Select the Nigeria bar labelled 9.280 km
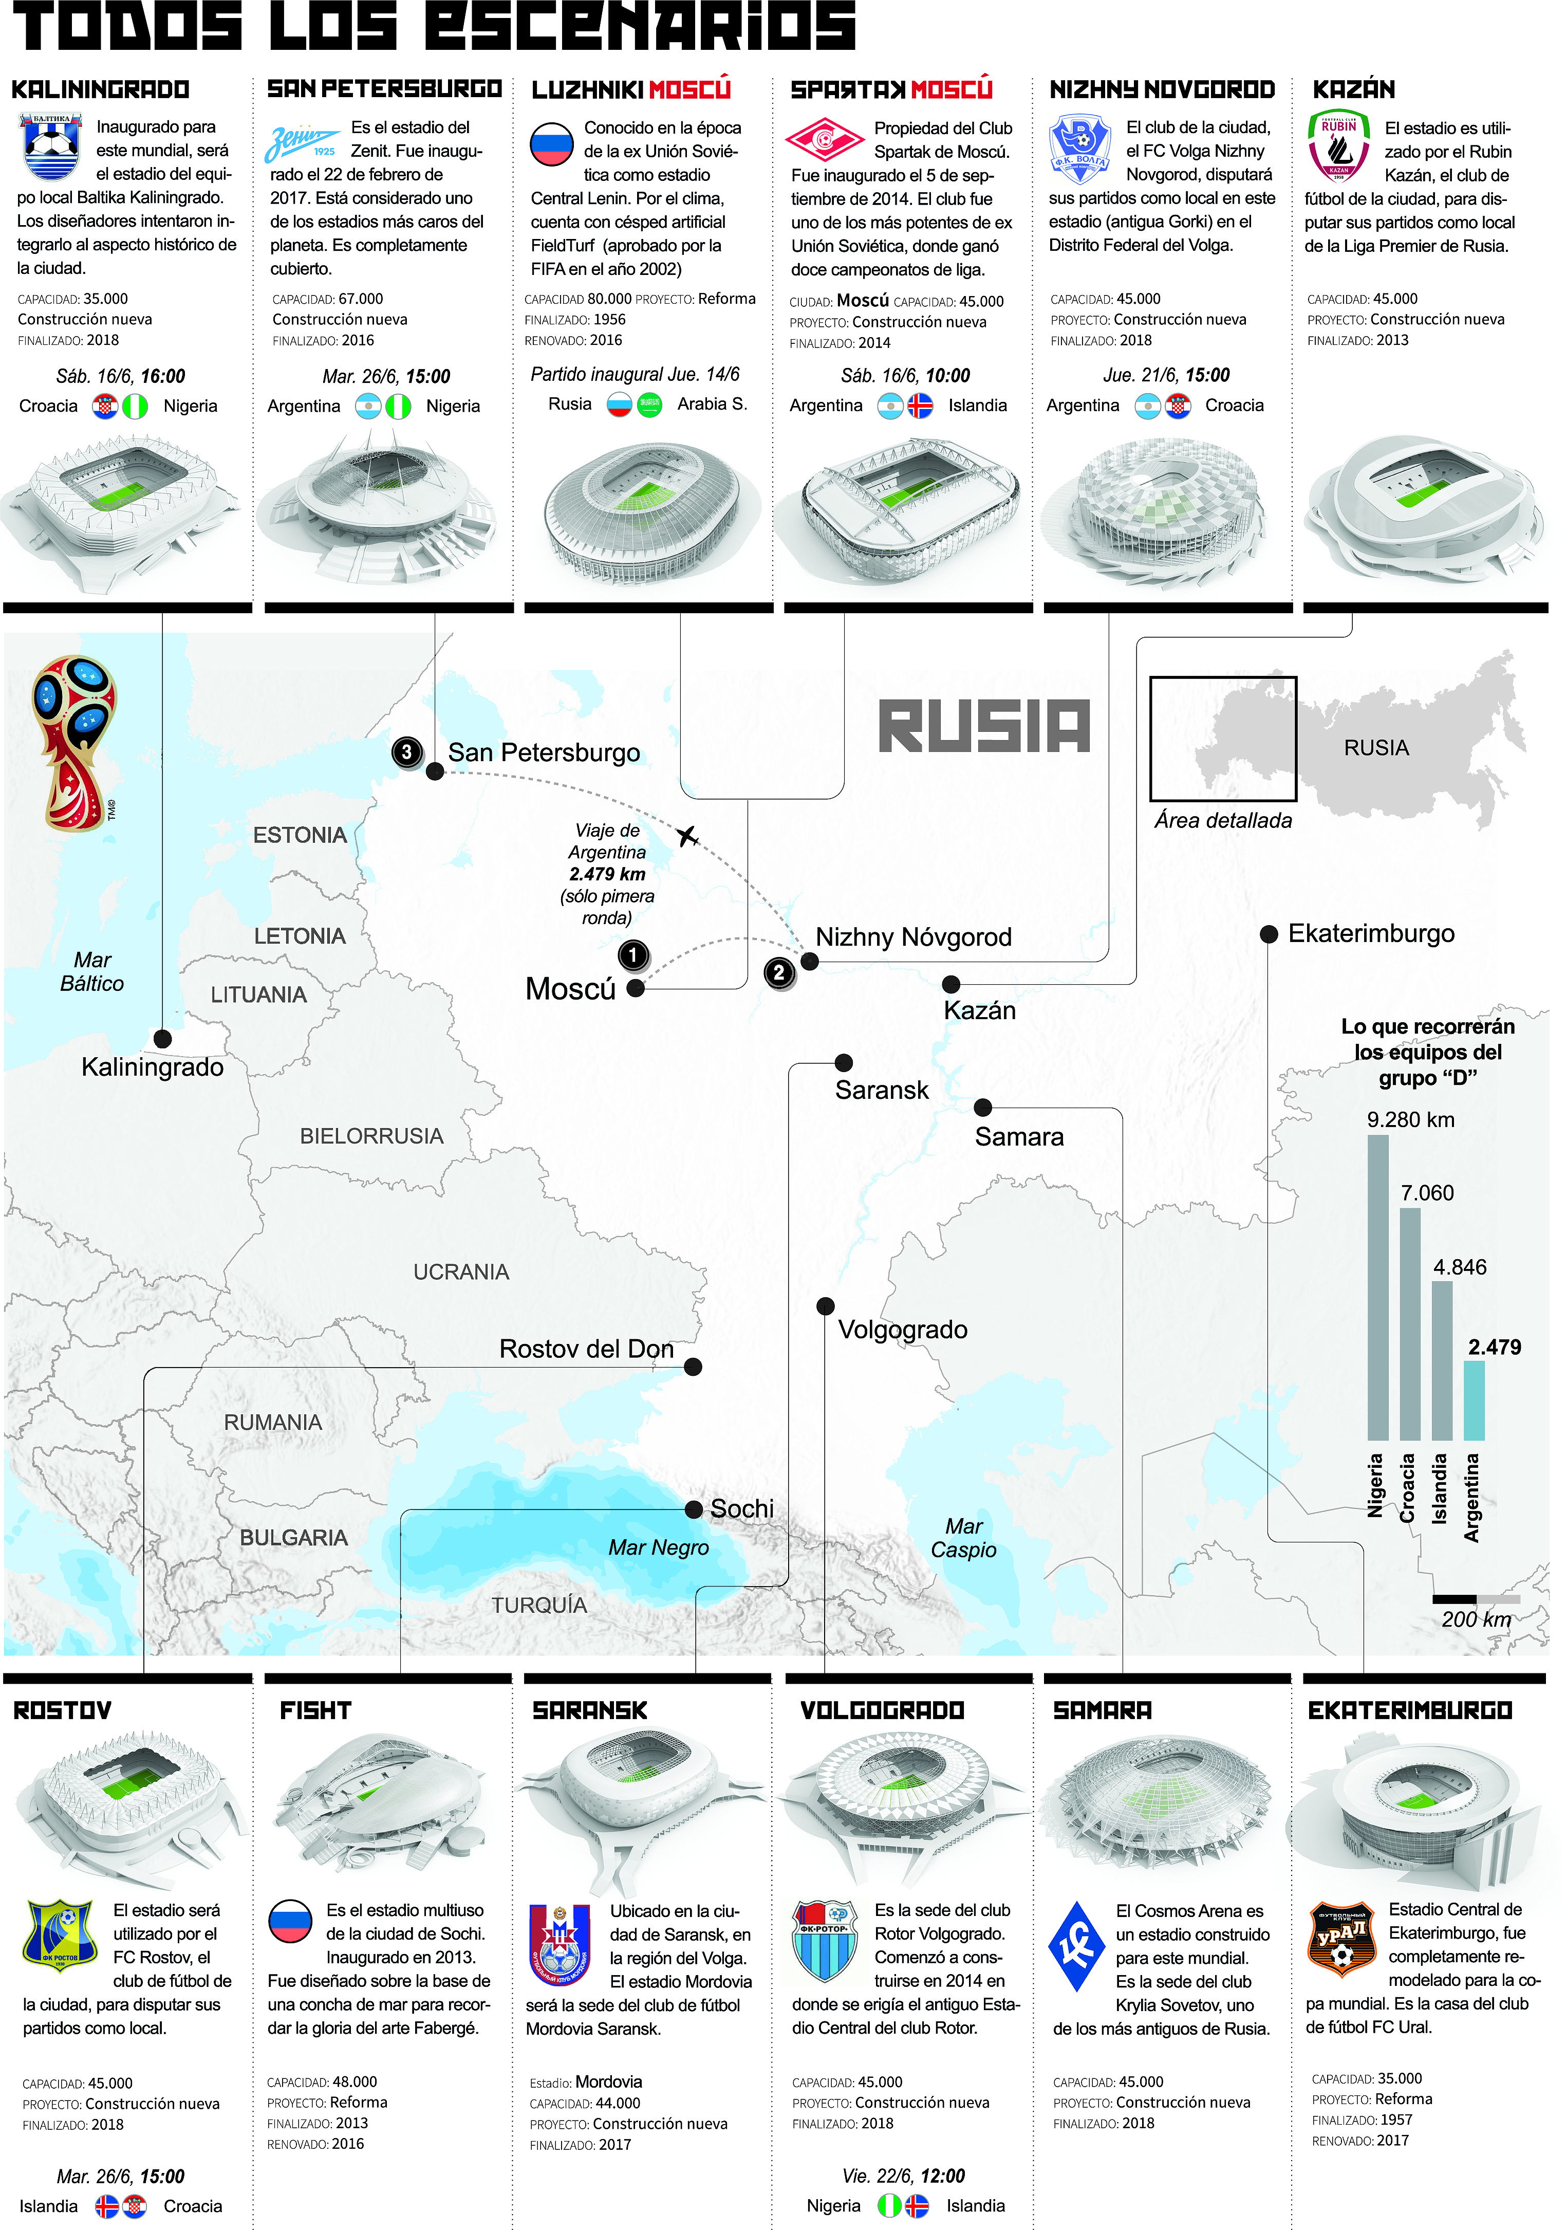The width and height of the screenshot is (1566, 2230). coord(1377,1287)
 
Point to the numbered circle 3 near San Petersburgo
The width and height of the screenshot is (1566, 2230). coord(407,752)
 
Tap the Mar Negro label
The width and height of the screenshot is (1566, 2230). coord(658,1547)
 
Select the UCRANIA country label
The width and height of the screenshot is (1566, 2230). coord(461,1271)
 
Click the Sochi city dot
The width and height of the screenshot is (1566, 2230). coord(693,1509)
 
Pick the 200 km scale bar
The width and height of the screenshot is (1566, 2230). coord(1476,1599)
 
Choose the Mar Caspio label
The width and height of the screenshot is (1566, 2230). coord(963,1538)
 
